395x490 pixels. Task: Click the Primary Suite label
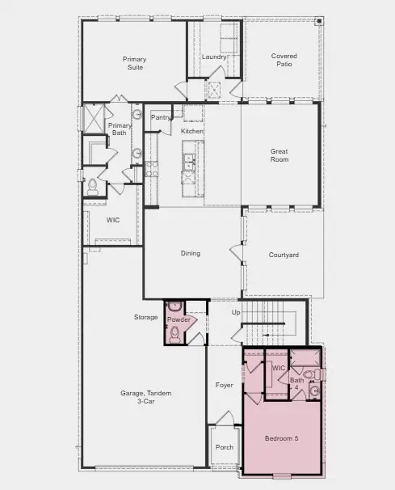point(134,63)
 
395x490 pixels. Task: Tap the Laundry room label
point(214,57)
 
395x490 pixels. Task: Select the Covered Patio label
point(284,59)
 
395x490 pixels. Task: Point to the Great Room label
point(279,155)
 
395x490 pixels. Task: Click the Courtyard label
point(284,256)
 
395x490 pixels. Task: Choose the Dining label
point(190,254)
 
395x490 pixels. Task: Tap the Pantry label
point(161,118)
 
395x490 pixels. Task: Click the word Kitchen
point(192,131)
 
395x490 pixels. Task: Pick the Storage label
point(146,317)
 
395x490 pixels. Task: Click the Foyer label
point(225,385)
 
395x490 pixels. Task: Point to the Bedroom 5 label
point(282,438)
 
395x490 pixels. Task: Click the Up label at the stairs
point(236,312)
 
